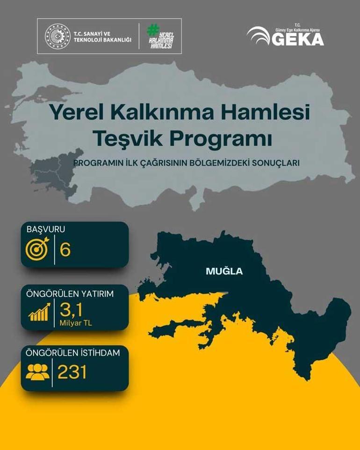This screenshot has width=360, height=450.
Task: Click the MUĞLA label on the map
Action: [x=224, y=271]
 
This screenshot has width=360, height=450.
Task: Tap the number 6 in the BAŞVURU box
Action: [x=65, y=250]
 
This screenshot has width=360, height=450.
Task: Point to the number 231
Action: [x=72, y=372]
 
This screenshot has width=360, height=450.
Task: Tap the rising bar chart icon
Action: [x=39, y=312]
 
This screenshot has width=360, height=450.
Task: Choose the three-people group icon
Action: [x=37, y=372]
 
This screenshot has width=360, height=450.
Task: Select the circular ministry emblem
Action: [x=58, y=36]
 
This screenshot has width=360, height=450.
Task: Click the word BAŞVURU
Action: [x=46, y=229]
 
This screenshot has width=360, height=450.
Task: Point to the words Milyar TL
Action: [x=75, y=322]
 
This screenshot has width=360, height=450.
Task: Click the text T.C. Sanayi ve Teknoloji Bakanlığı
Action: [x=102, y=36]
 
